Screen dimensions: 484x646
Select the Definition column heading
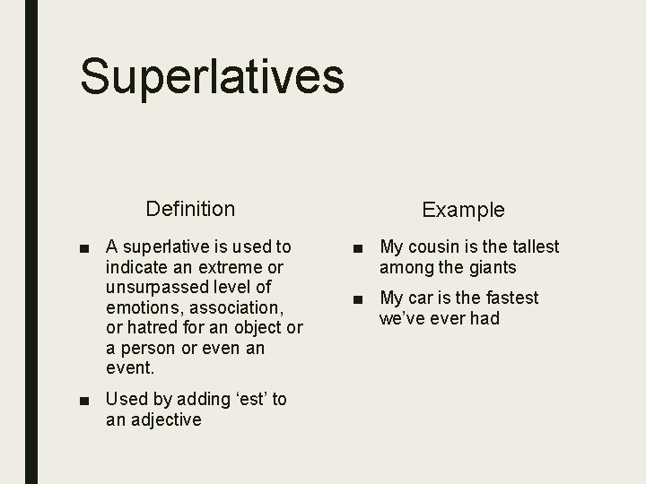190,209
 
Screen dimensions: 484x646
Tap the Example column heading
463,210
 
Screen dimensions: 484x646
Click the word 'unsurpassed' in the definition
155,287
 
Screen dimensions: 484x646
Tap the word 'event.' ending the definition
130,367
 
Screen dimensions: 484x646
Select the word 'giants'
491,267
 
